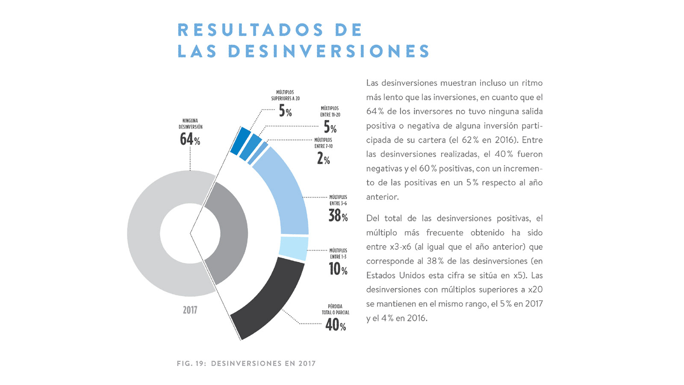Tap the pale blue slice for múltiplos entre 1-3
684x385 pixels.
tap(293, 249)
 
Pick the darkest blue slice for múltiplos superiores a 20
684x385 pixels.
tap(240, 141)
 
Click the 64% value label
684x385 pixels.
tap(190, 139)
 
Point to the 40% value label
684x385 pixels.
tap(336, 325)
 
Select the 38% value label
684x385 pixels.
tap(338, 215)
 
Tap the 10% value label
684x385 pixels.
tap(338, 269)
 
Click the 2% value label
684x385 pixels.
tap(323, 159)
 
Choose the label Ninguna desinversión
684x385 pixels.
tap(191, 124)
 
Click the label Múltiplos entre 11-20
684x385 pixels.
tap(330, 112)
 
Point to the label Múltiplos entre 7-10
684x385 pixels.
tap(323, 143)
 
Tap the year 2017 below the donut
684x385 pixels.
tap(190, 310)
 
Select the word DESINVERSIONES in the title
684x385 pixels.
tap(329, 51)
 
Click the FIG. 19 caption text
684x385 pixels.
tap(246, 364)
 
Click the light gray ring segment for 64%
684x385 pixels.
tap(145, 233)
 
